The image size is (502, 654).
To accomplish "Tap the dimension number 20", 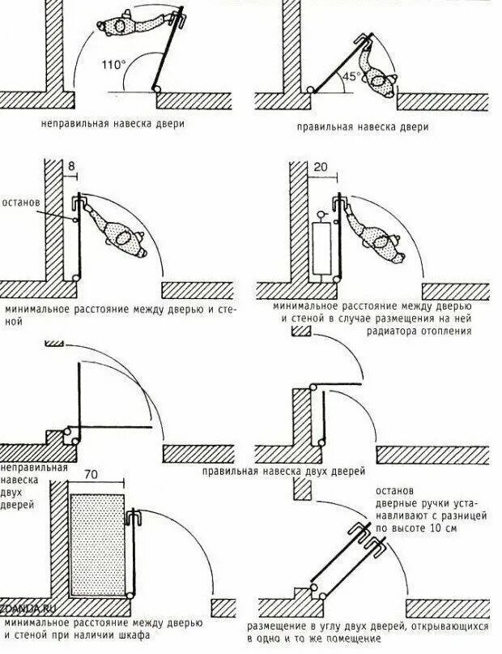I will (321, 168).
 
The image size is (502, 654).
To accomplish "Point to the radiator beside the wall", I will (321, 248).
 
